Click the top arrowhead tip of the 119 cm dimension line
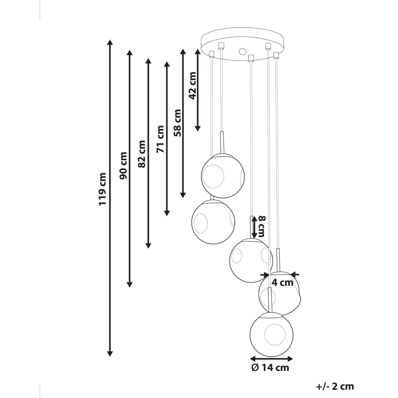click(110, 39)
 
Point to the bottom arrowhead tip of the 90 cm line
click(129, 287)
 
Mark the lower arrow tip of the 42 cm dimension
click(198, 131)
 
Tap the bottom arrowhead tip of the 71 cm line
click(167, 216)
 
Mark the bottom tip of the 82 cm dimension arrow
click(148, 248)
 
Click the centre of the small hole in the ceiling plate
click(242, 51)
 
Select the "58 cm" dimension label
click(177, 123)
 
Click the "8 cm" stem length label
click(262, 227)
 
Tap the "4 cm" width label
click(282, 283)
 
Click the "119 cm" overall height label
click(102, 189)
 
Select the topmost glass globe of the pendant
click(223, 176)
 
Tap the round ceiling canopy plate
click(242, 44)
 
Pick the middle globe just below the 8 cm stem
click(251, 260)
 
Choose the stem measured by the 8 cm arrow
click(251, 227)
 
